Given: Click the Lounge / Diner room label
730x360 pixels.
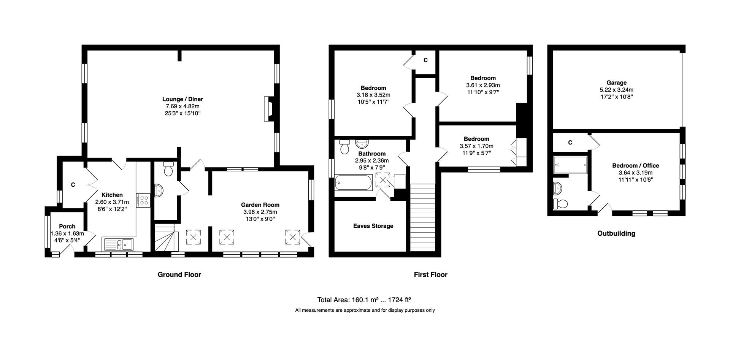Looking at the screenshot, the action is coord(182,100).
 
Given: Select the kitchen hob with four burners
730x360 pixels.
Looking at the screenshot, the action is coord(144,200).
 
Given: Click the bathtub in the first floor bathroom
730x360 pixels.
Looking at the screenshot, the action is coord(354,183).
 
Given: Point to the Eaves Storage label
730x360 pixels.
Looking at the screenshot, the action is coord(373,226).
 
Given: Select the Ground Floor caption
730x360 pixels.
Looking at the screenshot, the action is coord(179,274).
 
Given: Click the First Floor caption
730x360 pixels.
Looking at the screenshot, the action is coord(430,274).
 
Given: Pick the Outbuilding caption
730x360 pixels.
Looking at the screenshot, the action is coord(616,233).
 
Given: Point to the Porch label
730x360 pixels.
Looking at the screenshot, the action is coord(67,227).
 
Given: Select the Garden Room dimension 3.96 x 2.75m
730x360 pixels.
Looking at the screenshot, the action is coord(260,212).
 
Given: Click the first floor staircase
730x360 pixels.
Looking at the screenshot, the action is coord(422,217).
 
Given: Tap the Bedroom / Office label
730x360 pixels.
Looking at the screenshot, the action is coord(635,166).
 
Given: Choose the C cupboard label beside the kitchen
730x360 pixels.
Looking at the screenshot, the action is coord(73,185).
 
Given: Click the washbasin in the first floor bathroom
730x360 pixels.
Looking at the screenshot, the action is coord(362,144).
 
